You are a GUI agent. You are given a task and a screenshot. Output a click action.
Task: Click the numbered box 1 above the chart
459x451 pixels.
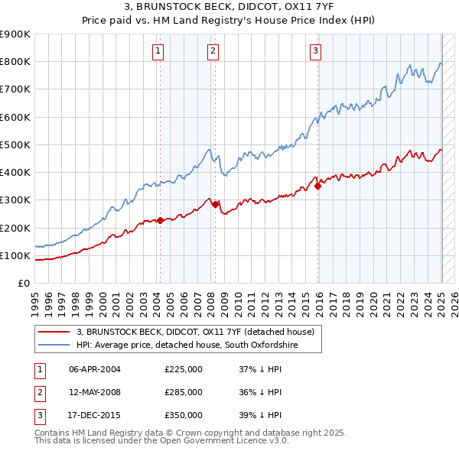[x=158, y=51]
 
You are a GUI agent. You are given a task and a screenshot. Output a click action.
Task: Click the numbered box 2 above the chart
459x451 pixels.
[x=213, y=51]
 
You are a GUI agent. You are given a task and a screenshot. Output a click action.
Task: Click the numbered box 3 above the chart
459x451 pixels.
[x=315, y=51]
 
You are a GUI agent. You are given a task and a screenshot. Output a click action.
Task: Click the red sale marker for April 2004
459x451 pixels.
[x=160, y=220]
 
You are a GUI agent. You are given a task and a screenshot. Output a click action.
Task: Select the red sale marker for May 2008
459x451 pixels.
[x=216, y=204]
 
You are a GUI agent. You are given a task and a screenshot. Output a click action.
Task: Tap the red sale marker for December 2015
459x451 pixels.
[x=317, y=186]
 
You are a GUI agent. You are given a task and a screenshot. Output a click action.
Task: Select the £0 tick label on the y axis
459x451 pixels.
[x=23, y=284]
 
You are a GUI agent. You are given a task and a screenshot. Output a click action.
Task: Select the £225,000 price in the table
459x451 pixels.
[x=184, y=369]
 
